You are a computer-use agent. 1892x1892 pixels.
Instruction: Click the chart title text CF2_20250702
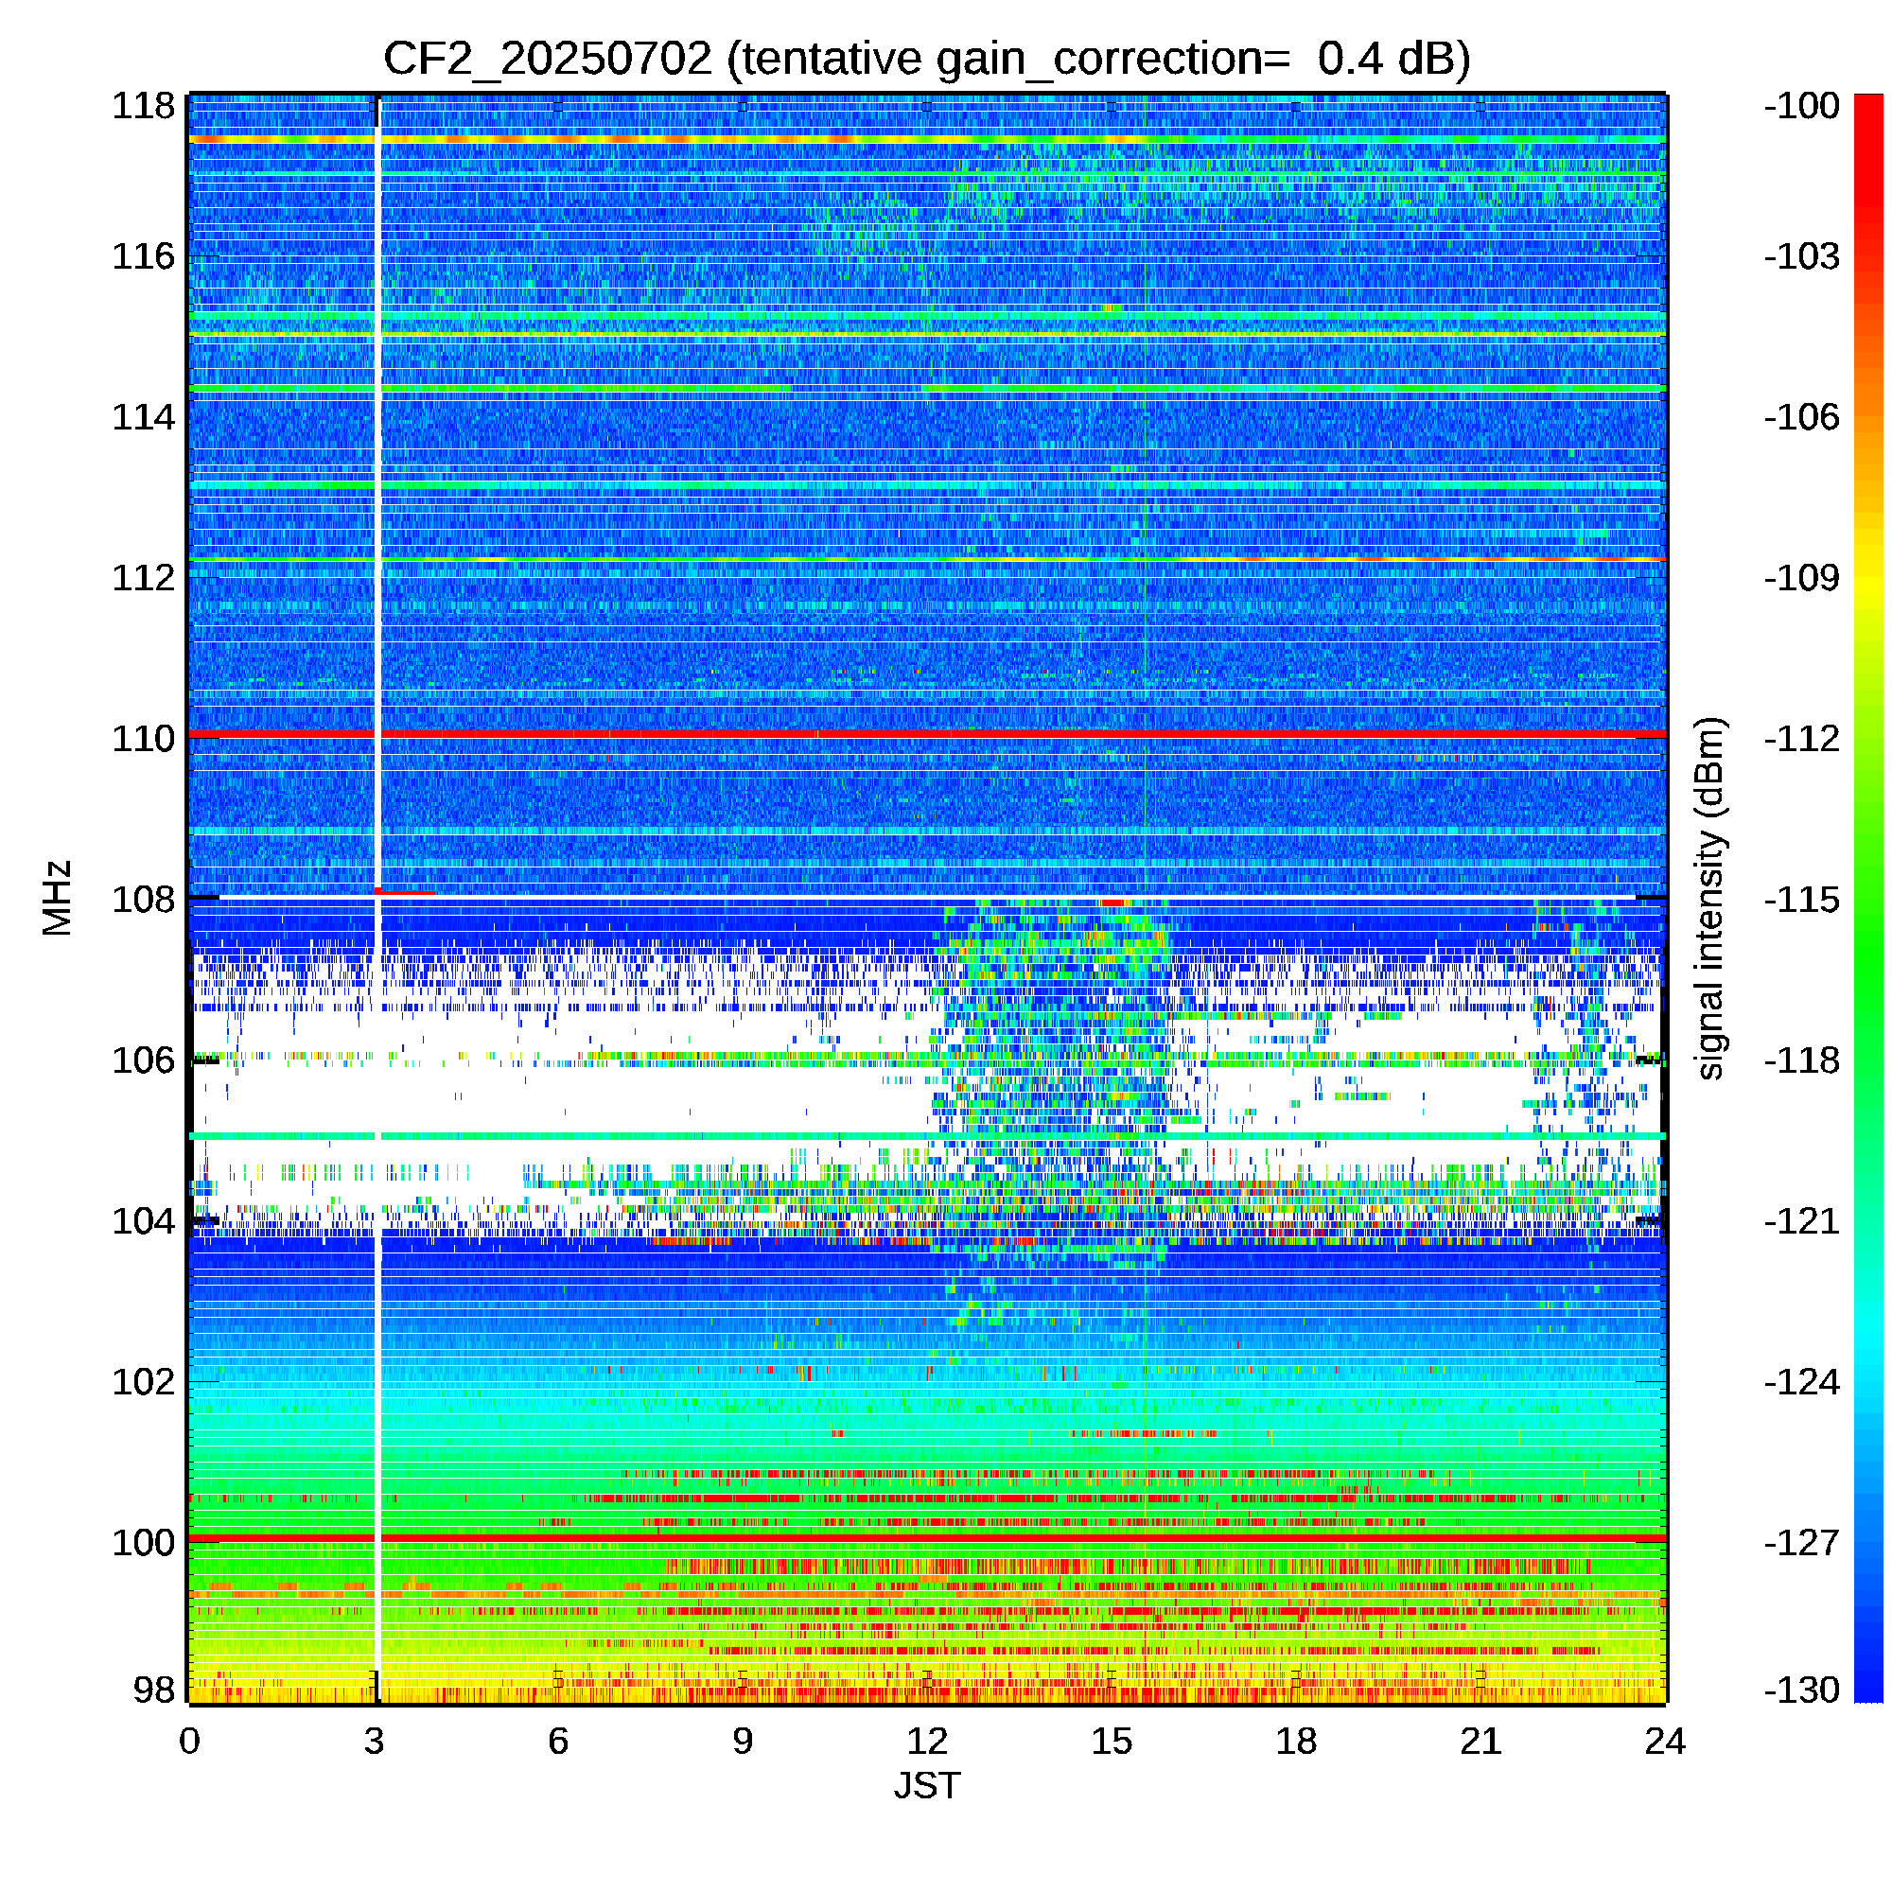(x=547, y=59)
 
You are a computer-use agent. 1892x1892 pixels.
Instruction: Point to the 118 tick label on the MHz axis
(x=143, y=106)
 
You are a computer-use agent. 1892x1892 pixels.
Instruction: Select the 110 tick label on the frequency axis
(x=143, y=739)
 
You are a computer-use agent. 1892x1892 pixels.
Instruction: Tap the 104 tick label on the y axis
(x=143, y=1221)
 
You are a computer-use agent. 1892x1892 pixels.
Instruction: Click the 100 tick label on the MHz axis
(x=143, y=1542)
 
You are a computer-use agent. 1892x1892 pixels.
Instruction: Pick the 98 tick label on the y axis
(x=154, y=1690)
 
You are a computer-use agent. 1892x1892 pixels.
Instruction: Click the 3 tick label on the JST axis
(x=374, y=1742)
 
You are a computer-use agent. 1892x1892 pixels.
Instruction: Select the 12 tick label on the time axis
(x=927, y=1742)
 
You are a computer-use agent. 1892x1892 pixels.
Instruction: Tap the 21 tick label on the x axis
(x=1480, y=1742)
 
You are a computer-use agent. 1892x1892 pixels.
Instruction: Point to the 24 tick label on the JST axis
(x=1665, y=1742)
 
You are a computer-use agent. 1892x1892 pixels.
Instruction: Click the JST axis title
(x=927, y=1785)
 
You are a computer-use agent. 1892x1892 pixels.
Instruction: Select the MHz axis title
(x=57, y=898)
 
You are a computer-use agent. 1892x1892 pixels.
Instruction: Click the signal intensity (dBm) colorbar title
(x=1709, y=898)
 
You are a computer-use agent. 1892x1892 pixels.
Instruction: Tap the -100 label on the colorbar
(x=1802, y=106)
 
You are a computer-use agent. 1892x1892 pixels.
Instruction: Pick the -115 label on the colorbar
(x=1802, y=899)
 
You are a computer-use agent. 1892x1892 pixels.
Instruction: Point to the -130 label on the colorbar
(x=1802, y=1690)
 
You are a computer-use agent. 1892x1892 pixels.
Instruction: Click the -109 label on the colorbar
(x=1802, y=578)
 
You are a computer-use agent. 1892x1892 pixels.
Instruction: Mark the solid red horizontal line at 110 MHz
(x=927, y=733)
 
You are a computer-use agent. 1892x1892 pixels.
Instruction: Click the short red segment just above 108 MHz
(x=405, y=892)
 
